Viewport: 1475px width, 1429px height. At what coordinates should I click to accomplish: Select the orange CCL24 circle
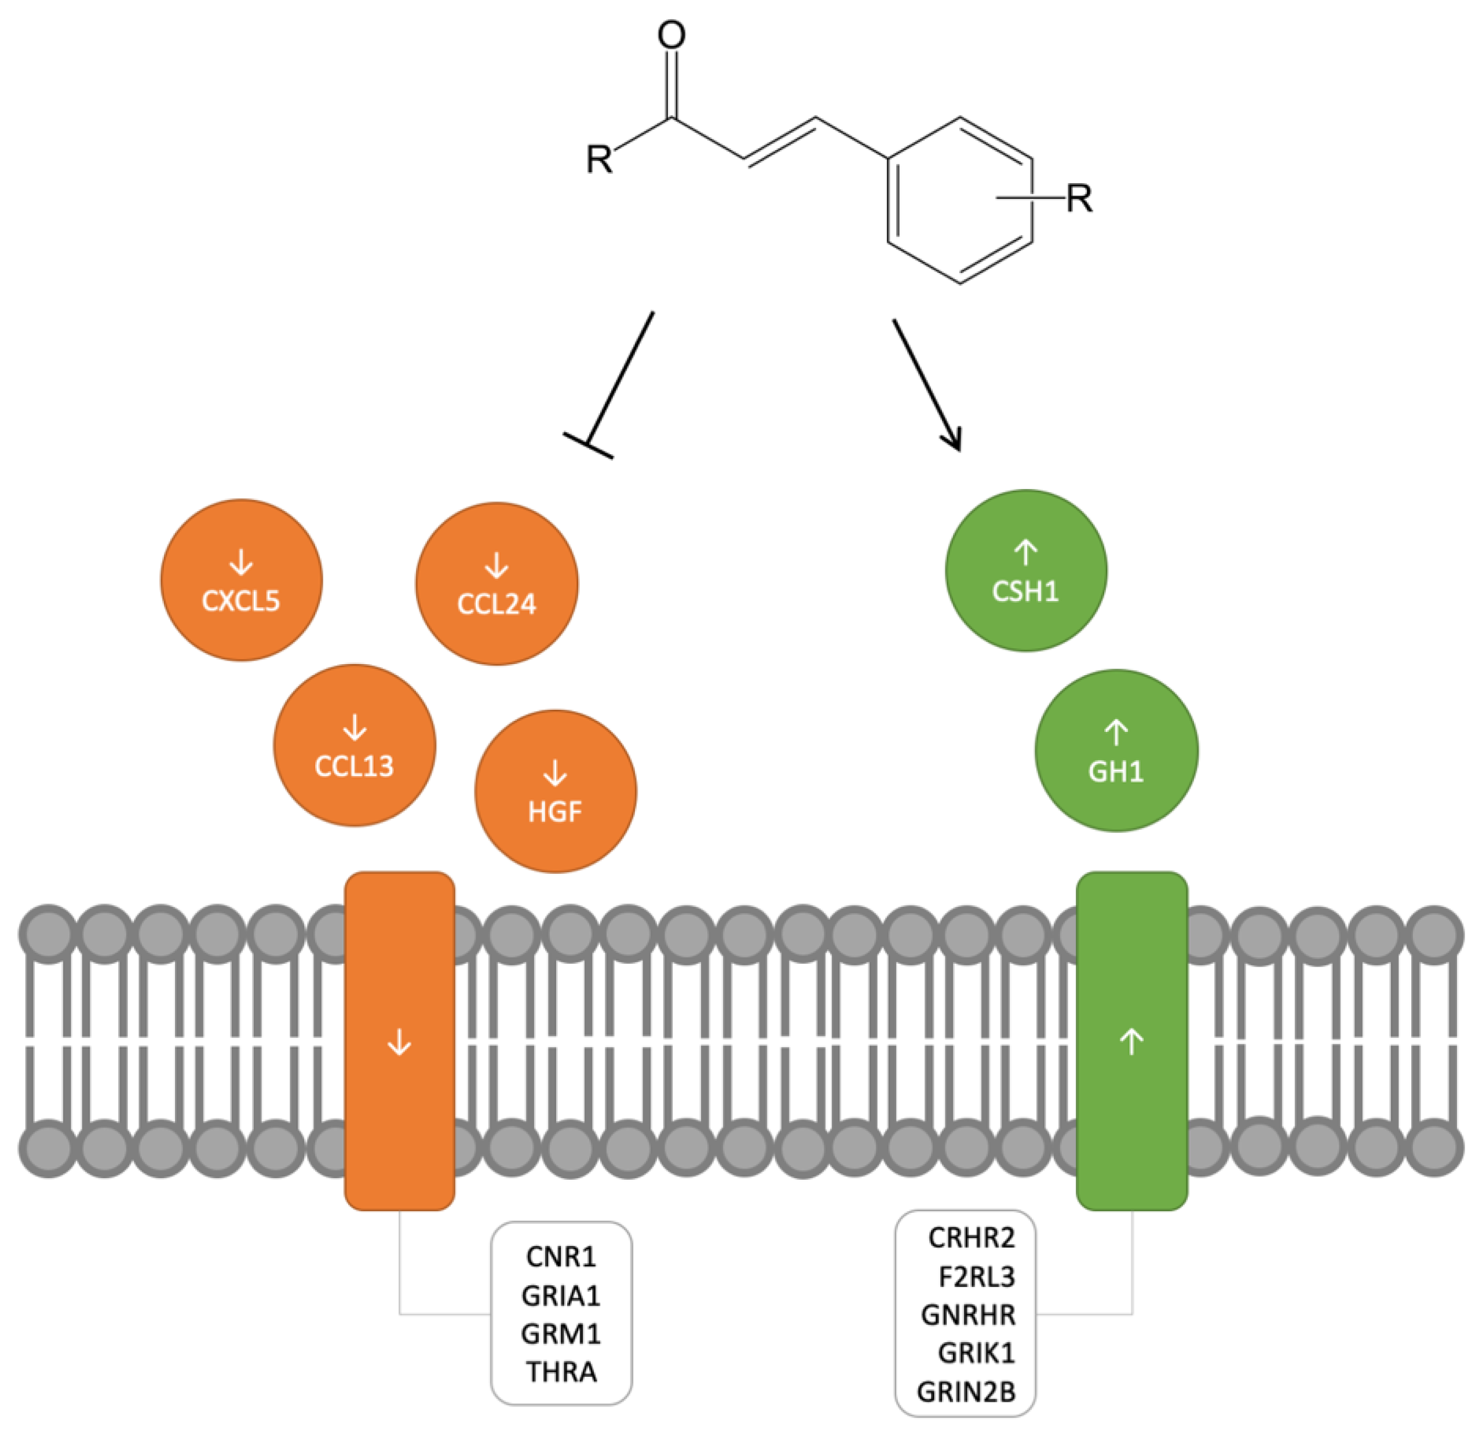pos(496,584)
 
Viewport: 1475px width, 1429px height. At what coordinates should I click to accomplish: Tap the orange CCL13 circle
pos(355,745)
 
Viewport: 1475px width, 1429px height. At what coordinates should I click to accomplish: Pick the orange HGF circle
pos(556,792)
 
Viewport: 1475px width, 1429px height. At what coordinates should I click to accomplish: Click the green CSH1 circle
pos(1026,571)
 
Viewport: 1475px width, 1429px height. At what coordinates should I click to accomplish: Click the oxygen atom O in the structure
pos(671,35)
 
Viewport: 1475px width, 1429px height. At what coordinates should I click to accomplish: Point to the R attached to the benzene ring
pos(1079,199)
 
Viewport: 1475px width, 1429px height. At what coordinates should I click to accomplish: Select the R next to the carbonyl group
pos(599,159)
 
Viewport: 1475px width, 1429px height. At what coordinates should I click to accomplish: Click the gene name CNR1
pos(561,1256)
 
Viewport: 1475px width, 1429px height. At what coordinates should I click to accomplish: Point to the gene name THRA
pos(561,1372)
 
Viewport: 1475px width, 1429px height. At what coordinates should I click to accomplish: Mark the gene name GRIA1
pos(561,1296)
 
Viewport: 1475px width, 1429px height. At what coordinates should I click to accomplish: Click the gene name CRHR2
pos(971,1237)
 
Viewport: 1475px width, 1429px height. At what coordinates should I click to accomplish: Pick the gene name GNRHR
pos(967,1315)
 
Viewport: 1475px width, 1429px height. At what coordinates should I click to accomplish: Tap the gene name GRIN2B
pos(966,1392)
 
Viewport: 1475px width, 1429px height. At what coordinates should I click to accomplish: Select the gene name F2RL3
pos(976,1276)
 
